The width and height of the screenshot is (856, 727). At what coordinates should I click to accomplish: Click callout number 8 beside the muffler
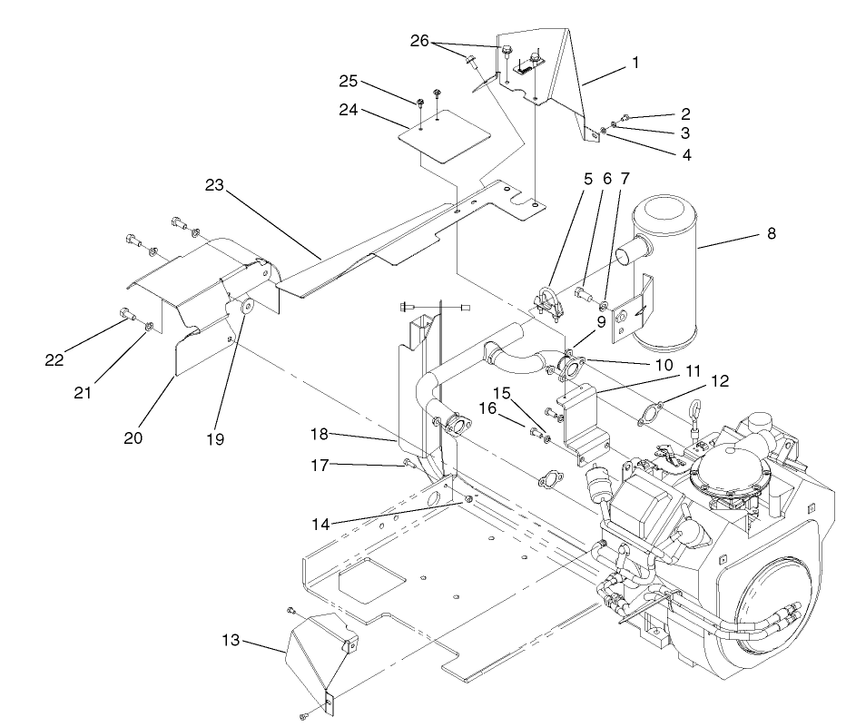(x=772, y=233)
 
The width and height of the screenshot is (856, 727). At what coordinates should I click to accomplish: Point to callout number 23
(x=213, y=184)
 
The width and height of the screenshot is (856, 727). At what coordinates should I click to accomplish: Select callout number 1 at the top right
(x=636, y=64)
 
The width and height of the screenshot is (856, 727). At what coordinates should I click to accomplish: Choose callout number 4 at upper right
(x=686, y=155)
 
